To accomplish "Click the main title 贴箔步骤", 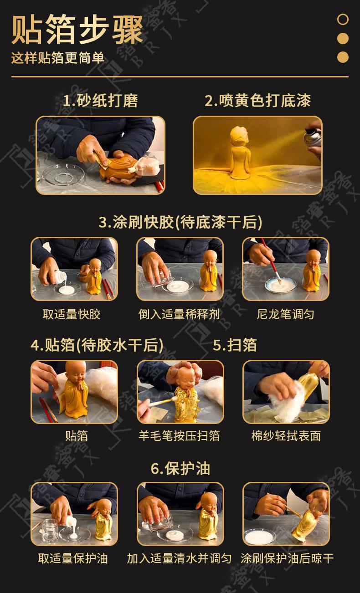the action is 77,30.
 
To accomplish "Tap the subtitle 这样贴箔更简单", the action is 58,57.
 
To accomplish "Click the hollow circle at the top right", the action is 343,19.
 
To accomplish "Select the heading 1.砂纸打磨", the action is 101,100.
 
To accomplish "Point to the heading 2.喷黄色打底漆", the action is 257,100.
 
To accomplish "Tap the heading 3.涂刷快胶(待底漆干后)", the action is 180,222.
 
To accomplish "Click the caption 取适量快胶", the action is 72,314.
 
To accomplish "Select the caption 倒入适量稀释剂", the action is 179,314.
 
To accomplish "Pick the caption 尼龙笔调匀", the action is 286,314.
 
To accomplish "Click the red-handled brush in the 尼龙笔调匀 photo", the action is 271,260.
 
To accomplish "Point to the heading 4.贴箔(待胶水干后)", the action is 97,345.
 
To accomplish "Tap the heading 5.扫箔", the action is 235,345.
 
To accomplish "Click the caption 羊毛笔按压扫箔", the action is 179,435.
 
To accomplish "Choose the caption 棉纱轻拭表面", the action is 286,435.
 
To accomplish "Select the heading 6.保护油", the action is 180,468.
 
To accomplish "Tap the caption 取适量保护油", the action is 73,558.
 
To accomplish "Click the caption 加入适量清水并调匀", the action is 179,558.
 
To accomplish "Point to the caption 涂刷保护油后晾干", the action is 287,558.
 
